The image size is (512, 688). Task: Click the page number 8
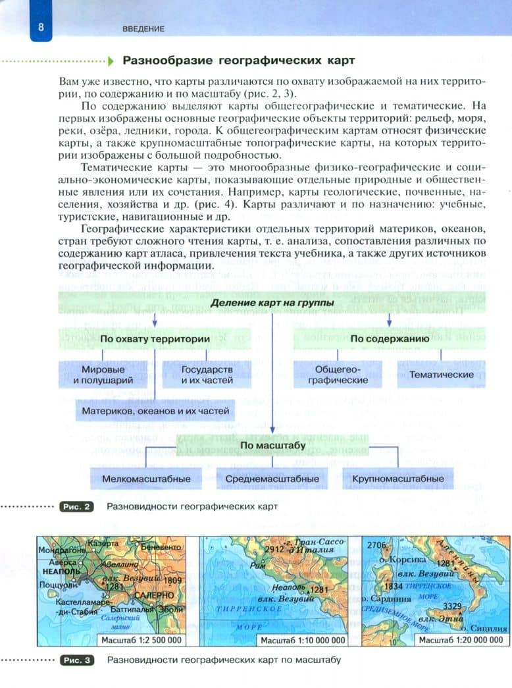41,28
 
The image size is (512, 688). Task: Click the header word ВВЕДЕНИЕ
143,29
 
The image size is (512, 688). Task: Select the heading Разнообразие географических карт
239,61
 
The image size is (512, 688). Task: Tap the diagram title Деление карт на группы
272,303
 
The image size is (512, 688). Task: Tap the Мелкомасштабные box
146,479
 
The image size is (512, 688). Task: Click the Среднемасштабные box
272,479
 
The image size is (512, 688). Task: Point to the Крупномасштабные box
397,479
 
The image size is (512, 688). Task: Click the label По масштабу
272,446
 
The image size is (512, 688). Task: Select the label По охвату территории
155,338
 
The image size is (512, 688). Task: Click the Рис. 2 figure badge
77,507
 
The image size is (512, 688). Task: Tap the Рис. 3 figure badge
77,659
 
